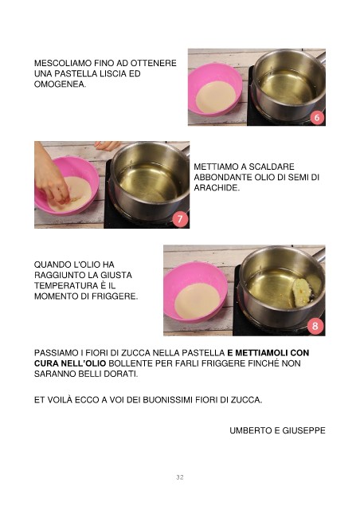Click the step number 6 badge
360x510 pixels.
click(x=317, y=117)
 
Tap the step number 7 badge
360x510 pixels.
click(x=180, y=219)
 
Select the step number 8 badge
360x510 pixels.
click(x=315, y=326)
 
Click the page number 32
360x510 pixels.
click(x=180, y=477)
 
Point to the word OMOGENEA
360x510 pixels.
click(x=61, y=84)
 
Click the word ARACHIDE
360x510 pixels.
click(x=217, y=188)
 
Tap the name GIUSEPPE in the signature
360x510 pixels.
click(x=303, y=430)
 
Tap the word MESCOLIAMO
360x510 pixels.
click(x=63, y=63)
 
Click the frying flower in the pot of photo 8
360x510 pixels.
click(x=302, y=292)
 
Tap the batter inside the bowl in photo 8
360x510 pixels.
click(x=198, y=300)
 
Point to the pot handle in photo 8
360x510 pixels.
click(x=319, y=255)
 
